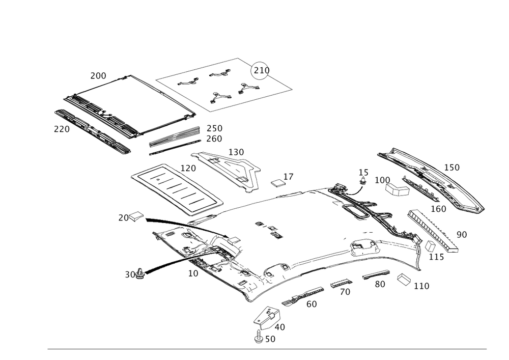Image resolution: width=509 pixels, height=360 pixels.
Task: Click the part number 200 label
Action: pos(98,76)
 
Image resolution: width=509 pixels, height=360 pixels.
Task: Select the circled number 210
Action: pos(262,70)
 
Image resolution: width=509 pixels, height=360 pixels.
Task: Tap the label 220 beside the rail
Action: pos(61,129)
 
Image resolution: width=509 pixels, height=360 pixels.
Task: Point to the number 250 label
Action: pos(214,128)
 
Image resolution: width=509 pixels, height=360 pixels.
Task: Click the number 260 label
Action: pos(214,139)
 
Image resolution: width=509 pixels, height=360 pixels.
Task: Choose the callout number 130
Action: pos(237,152)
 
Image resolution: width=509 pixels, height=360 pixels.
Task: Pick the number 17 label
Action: pos(289,176)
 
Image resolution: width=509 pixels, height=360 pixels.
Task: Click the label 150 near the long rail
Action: pos(452,167)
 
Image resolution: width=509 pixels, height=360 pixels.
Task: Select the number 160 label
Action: pos(438,208)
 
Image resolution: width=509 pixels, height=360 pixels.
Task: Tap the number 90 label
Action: pos(462,234)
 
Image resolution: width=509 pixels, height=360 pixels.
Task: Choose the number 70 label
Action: pos(345,292)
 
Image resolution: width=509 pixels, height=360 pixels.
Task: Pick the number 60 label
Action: pos(312,303)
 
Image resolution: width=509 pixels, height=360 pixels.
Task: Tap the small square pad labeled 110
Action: pos(404,279)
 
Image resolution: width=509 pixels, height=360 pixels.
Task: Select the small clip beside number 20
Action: pos(137,217)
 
